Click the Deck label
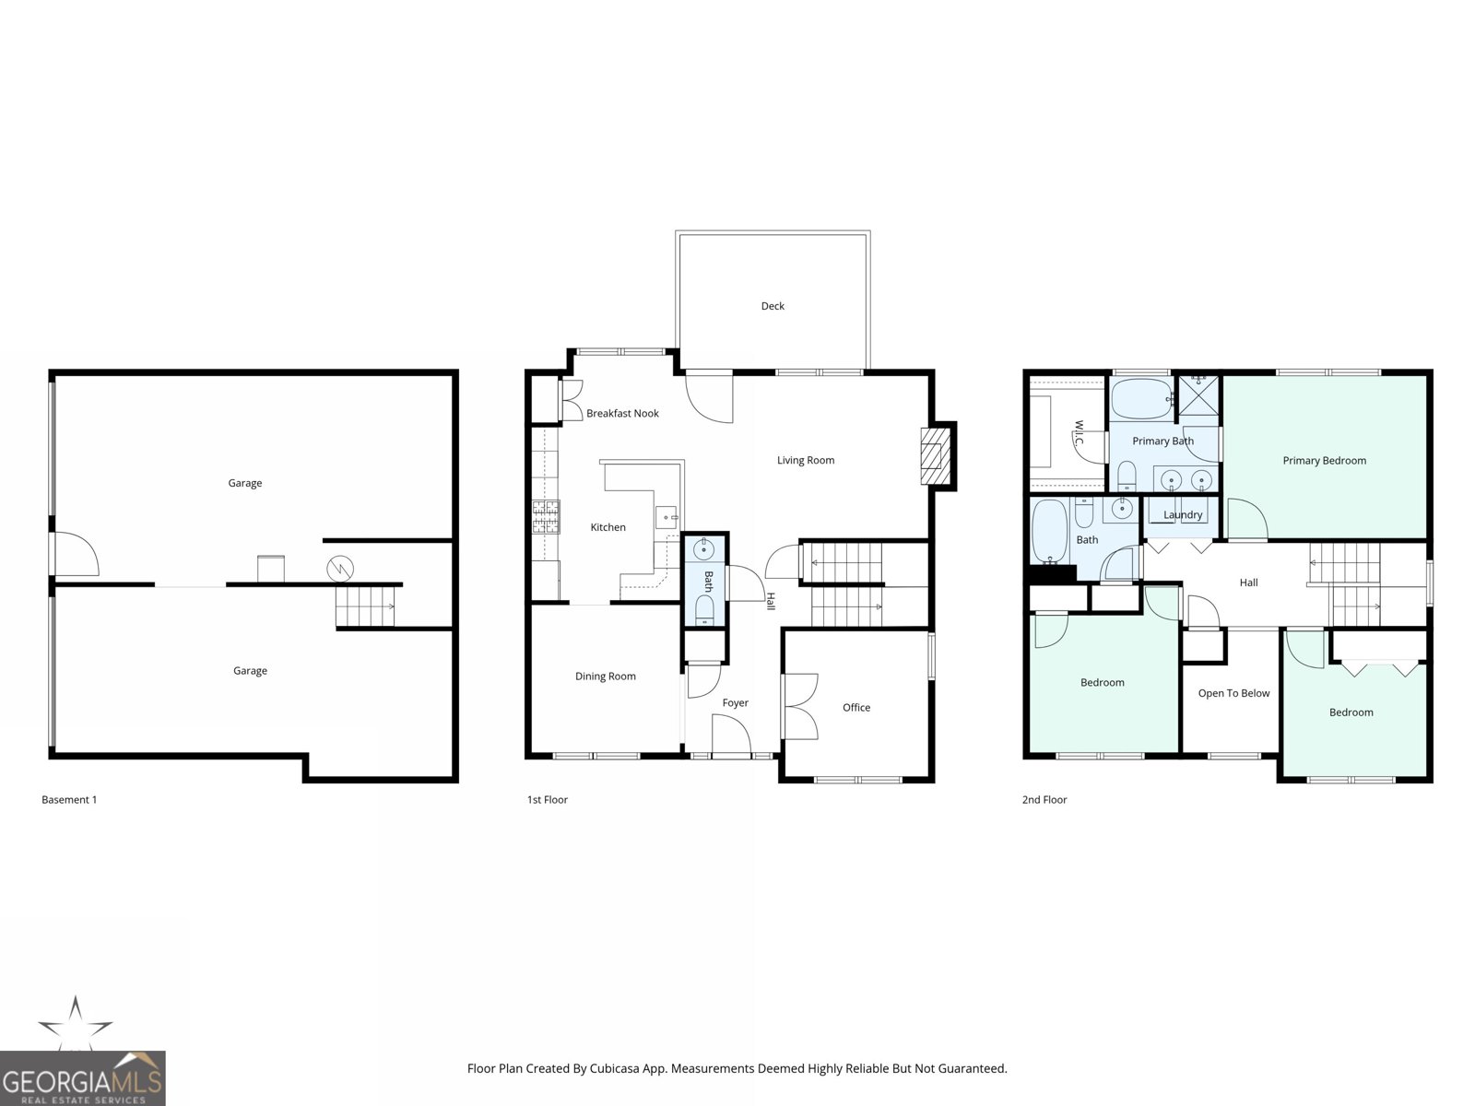773,306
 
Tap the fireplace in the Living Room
936,455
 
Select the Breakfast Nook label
622,414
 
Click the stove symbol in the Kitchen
546,517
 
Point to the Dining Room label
605,677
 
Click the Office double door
800,707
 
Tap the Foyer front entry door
733,737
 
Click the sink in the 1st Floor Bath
704,551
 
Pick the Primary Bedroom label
1324,461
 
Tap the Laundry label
1183,515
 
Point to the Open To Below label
1233,693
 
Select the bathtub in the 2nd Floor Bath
1049,531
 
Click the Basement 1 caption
69,800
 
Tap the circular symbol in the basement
340,569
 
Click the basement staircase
366,606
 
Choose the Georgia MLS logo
83,1077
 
